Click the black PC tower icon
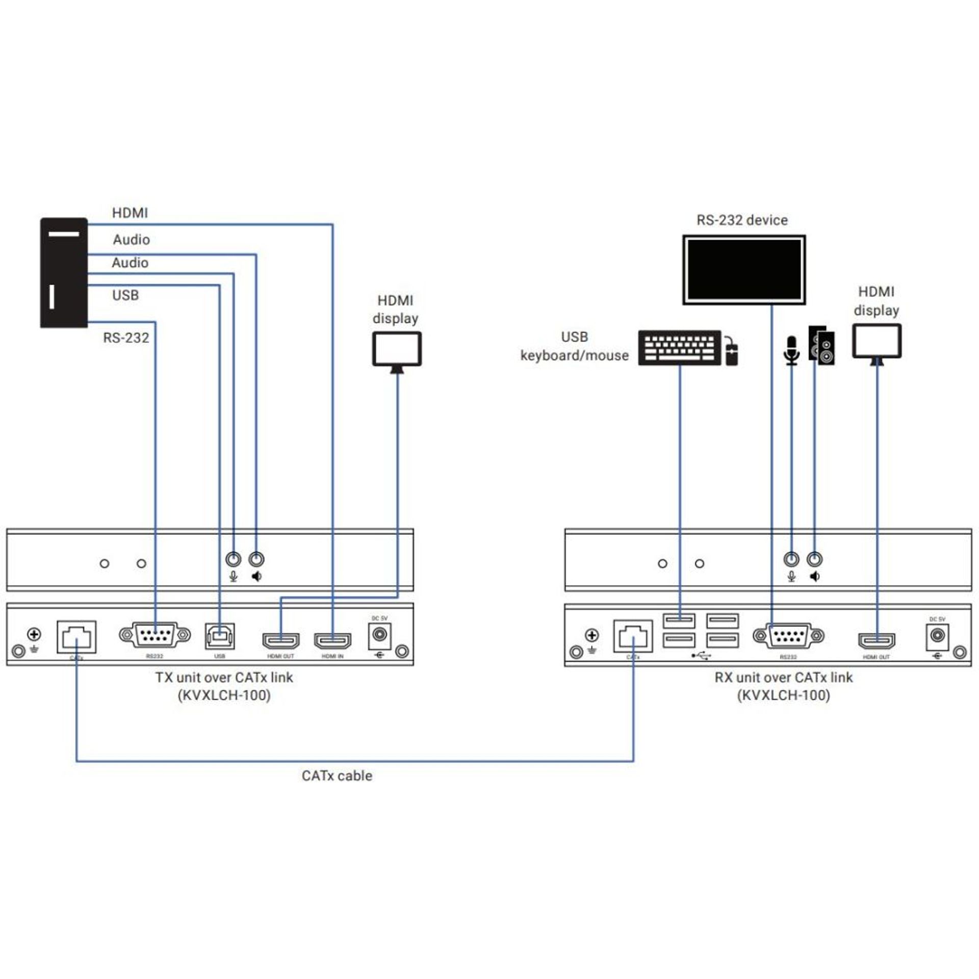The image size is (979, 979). pyautogui.click(x=64, y=273)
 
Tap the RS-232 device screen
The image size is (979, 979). pyautogui.click(x=744, y=269)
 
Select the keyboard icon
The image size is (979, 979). pyautogui.click(x=680, y=348)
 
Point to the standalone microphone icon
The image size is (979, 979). pyautogui.click(x=791, y=350)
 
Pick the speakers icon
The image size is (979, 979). pyautogui.click(x=821, y=345)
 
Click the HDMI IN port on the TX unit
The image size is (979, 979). pyautogui.click(x=332, y=640)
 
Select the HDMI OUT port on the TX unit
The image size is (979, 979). pyautogui.click(x=280, y=640)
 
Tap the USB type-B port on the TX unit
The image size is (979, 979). pyautogui.click(x=220, y=636)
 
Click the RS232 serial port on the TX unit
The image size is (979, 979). pyautogui.click(x=154, y=635)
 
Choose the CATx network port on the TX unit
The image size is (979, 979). pyautogui.click(x=76, y=636)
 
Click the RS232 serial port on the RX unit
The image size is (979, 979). pyautogui.click(x=788, y=636)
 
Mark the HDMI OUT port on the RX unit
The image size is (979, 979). pyautogui.click(x=877, y=641)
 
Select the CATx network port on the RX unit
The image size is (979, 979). pyautogui.click(x=633, y=636)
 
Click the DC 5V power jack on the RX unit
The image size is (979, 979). pyautogui.click(x=937, y=636)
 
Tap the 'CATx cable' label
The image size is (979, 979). pyautogui.click(x=337, y=776)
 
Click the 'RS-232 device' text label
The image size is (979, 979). pyautogui.click(x=742, y=220)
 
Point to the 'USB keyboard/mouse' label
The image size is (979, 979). pyautogui.click(x=574, y=346)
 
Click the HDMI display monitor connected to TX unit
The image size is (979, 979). pyautogui.click(x=397, y=349)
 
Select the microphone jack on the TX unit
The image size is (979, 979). pyautogui.click(x=233, y=559)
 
